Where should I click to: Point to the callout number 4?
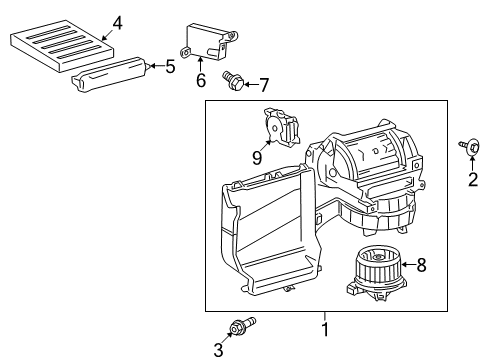tap(117, 22)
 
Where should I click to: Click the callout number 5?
tap(170, 67)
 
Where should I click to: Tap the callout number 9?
tap(255, 157)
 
